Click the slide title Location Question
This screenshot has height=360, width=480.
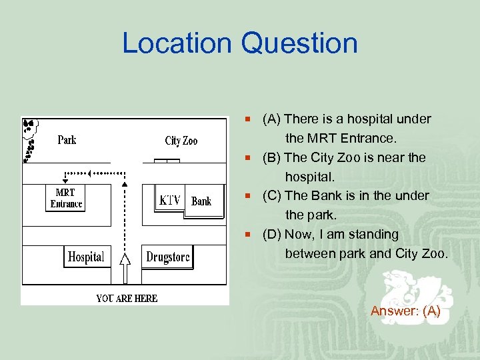click(x=240, y=43)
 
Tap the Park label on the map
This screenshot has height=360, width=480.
click(x=67, y=140)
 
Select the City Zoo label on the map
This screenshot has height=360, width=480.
click(x=181, y=141)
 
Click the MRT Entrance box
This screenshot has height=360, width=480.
click(x=66, y=198)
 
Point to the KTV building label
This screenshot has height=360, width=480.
click(x=170, y=200)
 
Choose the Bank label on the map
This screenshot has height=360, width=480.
click(x=201, y=201)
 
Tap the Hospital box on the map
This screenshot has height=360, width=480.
click(x=86, y=257)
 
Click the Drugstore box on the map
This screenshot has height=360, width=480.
click(x=168, y=257)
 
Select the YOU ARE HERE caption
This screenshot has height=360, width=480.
click(x=127, y=298)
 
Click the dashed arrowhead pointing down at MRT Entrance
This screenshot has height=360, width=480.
click(x=65, y=180)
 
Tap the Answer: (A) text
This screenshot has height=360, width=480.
click(x=405, y=311)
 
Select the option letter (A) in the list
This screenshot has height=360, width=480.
click(x=271, y=119)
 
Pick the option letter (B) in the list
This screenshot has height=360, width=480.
click(x=271, y=158)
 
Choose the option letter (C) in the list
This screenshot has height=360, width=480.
click(x=271, y=196)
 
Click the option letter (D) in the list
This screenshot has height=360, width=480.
click(x=271, y=235)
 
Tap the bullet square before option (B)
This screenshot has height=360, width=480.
click(x=247, y=158)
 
